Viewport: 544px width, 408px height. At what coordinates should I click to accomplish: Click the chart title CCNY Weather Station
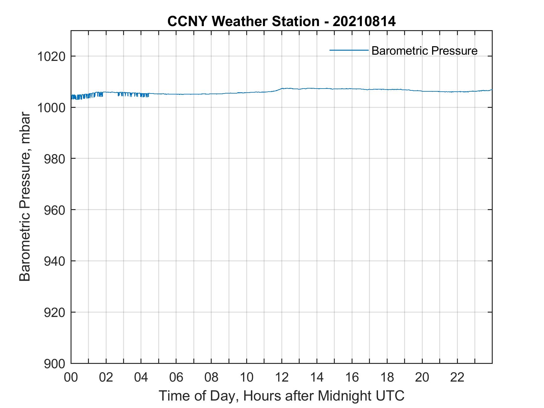point(243,21)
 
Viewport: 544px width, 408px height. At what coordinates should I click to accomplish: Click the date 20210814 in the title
point(364,21)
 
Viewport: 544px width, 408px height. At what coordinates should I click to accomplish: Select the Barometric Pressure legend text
point(424,51)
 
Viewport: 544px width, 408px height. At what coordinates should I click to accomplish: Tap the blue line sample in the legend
point(349,50)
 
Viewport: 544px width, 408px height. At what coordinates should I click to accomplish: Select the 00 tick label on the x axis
point(71,377)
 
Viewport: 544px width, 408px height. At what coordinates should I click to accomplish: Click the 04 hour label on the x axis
point(141,377)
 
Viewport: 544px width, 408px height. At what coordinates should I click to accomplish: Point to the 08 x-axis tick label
point(211,377)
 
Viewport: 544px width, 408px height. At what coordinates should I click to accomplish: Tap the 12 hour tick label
point(282,377)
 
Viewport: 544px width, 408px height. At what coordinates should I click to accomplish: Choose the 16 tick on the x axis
point(352,377)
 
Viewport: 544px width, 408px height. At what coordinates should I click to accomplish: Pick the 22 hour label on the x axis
point(457,377)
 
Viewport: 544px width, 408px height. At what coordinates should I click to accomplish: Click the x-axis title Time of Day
point(281,396)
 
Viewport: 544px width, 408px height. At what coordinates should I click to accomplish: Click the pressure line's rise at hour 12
point(280,89)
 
